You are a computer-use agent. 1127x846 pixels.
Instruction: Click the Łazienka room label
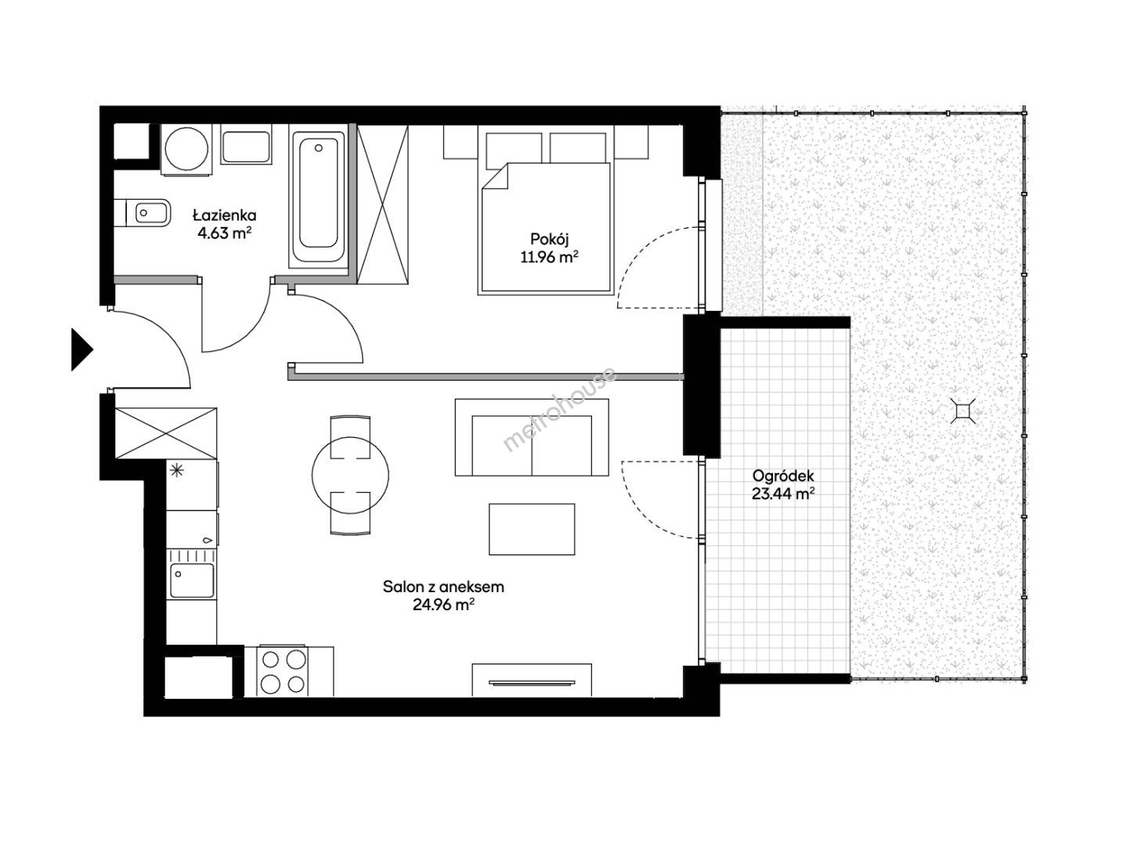[224, 215]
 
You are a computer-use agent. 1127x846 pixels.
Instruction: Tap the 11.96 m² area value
[549, 257]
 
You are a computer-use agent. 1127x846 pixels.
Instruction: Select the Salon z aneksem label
[443, 587]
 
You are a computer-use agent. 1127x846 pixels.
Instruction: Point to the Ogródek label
[783, 475]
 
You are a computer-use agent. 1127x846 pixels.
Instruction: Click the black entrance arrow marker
[81, 349]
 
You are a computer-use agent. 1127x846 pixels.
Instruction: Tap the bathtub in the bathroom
[318, 196]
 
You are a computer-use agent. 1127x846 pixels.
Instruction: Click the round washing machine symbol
[186, 150]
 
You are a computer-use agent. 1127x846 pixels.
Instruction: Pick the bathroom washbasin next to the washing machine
[246, 147]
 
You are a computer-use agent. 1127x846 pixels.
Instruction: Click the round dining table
[350, 475]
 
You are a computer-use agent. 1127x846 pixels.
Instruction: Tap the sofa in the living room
[532, 437]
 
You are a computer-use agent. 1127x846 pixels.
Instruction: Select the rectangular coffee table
[532, 530]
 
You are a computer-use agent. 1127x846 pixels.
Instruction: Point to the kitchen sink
[192, 580]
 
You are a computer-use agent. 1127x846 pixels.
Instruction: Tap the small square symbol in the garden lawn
[963, 410]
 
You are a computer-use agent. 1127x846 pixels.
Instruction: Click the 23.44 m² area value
[783, 493]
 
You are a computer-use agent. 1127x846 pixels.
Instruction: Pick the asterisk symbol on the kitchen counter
[177, 470]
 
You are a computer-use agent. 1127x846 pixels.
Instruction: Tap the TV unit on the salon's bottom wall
[532, 681]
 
